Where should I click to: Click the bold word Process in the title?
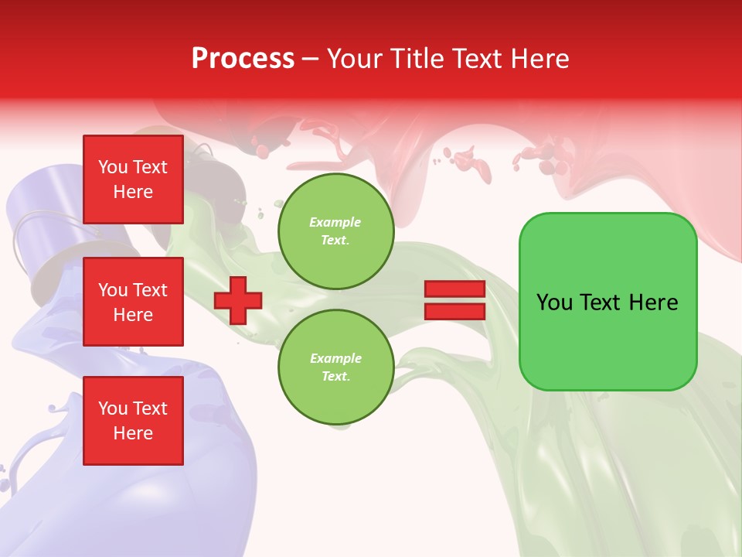pyautogui.click(x=243, y=58)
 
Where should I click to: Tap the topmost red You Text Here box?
pyautogui.click(x=133, y=179)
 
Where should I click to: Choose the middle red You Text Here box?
pyautogui.click(x=133, y=302)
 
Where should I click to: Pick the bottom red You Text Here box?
pyautogui.click(x=133, y=421)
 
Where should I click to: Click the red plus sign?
pyautogui.click(x=238, y=300)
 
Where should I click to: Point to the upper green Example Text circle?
pyautogui.click(x=335, y=231)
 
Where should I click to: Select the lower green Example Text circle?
pyautogui.click(x=335, y=367)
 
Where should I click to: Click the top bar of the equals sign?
pyautogui.click(x=454, y=289)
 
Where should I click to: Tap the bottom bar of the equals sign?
pyautogui.click(x=454, y=312)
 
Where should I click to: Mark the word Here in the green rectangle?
pyautogui.click(x=653, y=302)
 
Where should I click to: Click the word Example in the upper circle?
pyautogui.click(x=335, y=222)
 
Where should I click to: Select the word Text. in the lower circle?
pyautogui.click(x=335, y=376)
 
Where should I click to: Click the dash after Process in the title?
pyautogui.click(x=311, y=59)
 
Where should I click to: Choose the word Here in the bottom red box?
pyautogui.click(x=133, y=433)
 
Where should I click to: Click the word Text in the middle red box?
pyautogui.click(x=150, y=290)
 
